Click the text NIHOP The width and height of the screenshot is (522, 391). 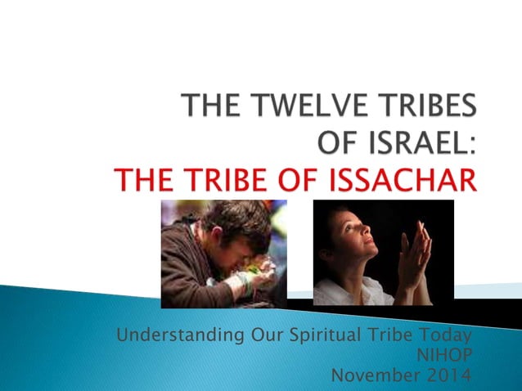tap(450, 356)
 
